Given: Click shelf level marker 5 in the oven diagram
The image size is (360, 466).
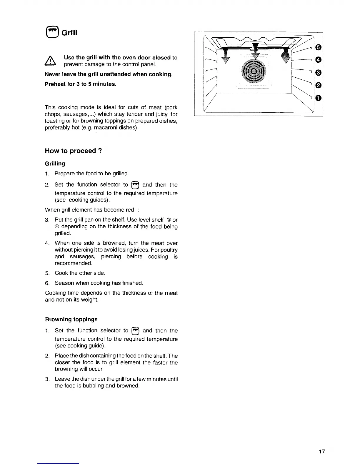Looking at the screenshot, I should pyautogui.click(x=318, y=48).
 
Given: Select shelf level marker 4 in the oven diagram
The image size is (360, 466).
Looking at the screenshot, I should pyautogui.click(x=318, y=60).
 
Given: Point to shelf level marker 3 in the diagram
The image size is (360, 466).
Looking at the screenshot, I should pyautogui.click(x=318, y=73).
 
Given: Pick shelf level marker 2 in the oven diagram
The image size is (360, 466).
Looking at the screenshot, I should pyautogui.click(x=318, y=85).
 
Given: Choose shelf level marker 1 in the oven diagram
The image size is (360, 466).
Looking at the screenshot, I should pyautogui.click(x=318, y=98).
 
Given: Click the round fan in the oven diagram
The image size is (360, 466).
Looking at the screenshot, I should pyautogui.click(x=253, y=71).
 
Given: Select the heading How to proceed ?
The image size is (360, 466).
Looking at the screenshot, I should pyautogui.click(x=74, y=151).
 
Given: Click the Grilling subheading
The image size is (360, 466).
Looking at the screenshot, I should pyautogui.click(x=55, y=164).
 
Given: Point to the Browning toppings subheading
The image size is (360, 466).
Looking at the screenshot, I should pyautogui.click(x=71, y=319).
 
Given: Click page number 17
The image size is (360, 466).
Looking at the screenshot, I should pyautogui.click(x=322, y=452).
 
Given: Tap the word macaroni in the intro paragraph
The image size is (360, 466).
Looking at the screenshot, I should pyautogui.click(x=103, y=128).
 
